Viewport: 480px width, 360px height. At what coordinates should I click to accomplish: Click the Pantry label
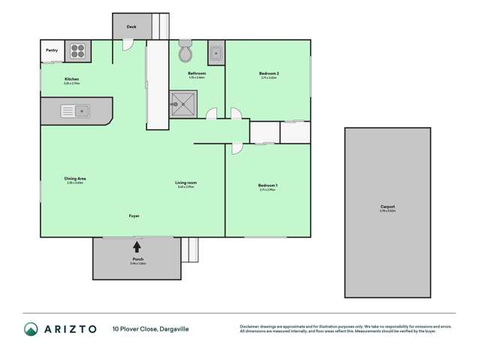coord(51,51)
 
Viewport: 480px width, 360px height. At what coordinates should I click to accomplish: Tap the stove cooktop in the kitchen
coord(79,51)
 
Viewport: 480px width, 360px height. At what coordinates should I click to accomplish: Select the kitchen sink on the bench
coord(76,112)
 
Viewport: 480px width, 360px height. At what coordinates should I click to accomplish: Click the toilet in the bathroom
coord(186,54)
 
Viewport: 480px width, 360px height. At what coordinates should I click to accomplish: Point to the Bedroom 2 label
coord(270,74)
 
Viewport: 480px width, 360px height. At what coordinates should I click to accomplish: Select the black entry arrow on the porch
coord(137,246)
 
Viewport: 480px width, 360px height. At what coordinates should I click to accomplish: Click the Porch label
coord(137,259)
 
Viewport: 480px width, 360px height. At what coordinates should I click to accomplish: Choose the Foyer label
coord(134,216)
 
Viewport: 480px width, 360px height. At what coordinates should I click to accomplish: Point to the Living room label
coord(186,183)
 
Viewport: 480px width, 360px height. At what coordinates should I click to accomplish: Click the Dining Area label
coord(75,178)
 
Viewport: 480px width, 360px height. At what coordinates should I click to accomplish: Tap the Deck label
coord(131,26)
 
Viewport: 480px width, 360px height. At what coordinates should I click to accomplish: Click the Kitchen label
coord(72,79)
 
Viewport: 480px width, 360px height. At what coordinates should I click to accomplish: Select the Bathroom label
coord(197,73)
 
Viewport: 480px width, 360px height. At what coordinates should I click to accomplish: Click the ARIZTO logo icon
coord(31,328)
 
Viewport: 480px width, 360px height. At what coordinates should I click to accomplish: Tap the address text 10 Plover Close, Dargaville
coord(150,328)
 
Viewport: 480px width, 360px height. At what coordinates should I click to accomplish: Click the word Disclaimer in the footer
coord(251,325)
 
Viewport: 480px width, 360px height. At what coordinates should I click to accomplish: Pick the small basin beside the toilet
coord(216,53)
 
